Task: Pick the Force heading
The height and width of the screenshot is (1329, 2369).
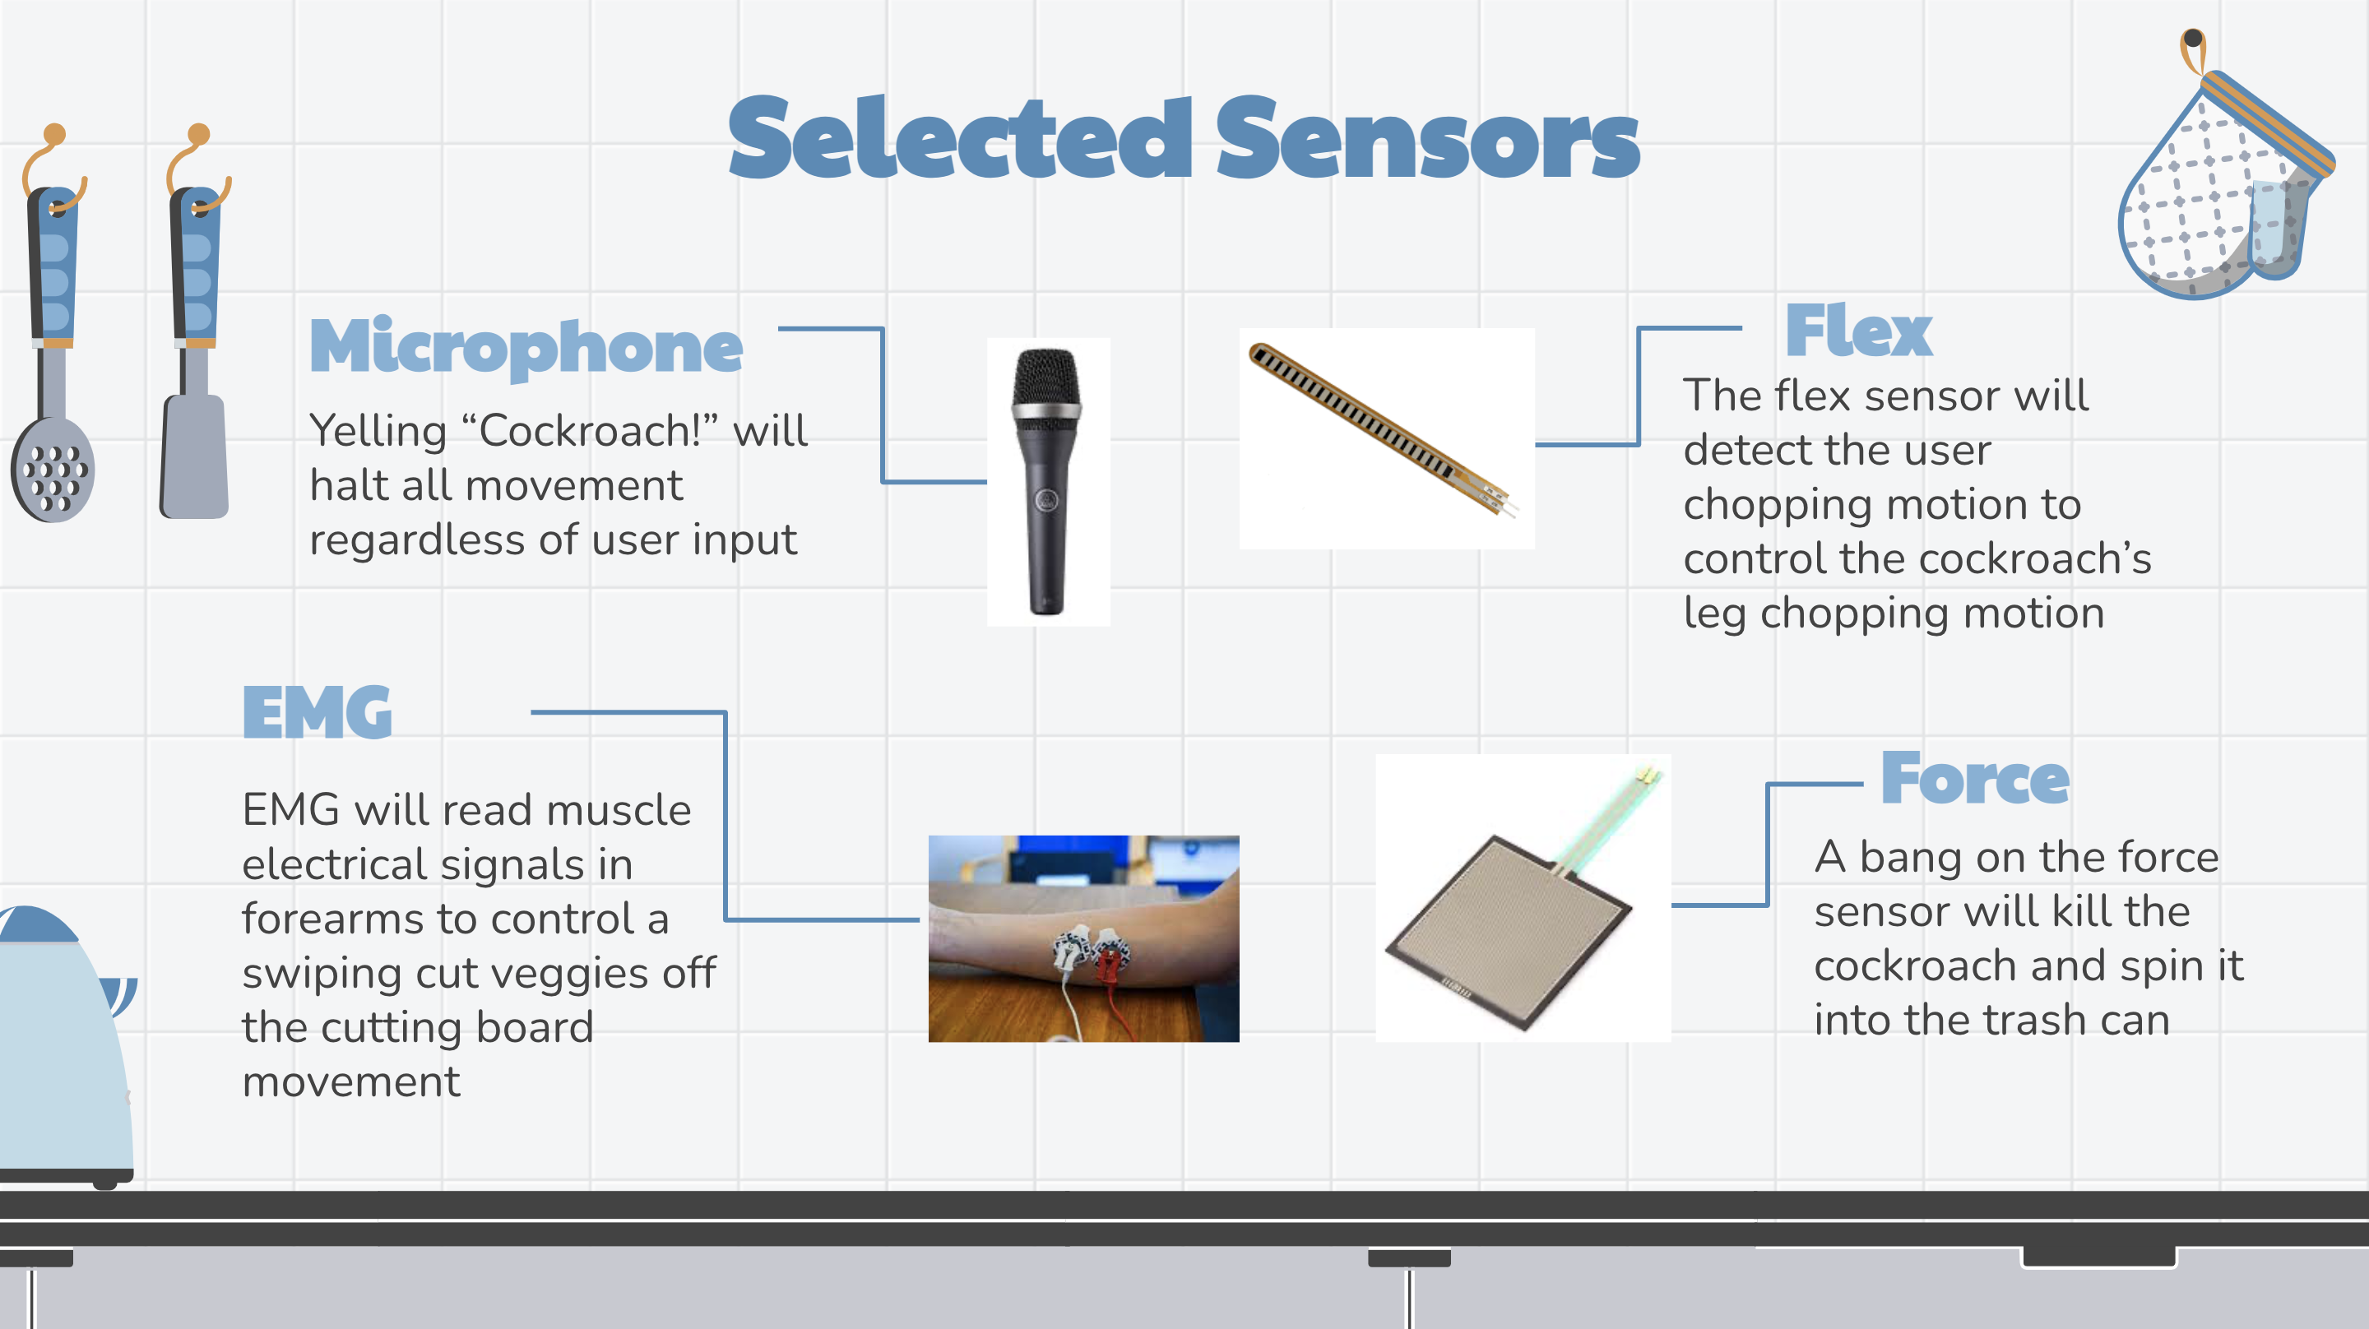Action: coord(1974,778)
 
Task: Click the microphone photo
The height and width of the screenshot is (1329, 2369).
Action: coord(1049,482)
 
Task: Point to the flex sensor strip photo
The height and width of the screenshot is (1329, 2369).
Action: coord(1387,438)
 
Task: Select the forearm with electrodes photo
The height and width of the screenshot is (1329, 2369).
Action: coord(1083,938)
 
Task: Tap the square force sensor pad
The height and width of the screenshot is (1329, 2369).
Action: coord(1509,931)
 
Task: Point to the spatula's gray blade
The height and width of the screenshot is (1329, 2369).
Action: coord(194,456)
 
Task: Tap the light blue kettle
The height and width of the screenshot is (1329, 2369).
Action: coord(64,1044)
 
